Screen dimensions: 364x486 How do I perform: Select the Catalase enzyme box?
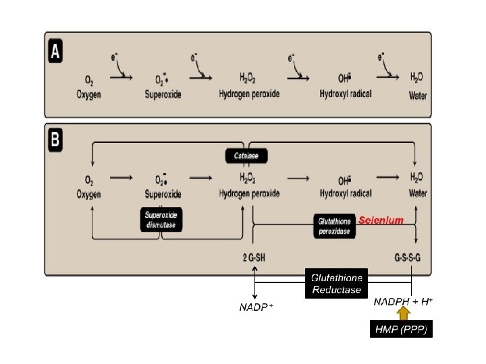(246, 156)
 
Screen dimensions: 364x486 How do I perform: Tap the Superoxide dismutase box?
(161, 219)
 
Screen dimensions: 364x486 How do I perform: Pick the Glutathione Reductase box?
(336, 284)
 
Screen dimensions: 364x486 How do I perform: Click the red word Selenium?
(381, 220)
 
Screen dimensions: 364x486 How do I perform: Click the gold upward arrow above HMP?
(403, 313)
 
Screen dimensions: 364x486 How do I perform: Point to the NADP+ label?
(256, 308)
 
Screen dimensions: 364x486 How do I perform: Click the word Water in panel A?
(418, 96)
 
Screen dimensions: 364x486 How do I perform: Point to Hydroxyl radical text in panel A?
(346, 95)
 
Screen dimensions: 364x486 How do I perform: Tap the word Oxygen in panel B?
(88, 193)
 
